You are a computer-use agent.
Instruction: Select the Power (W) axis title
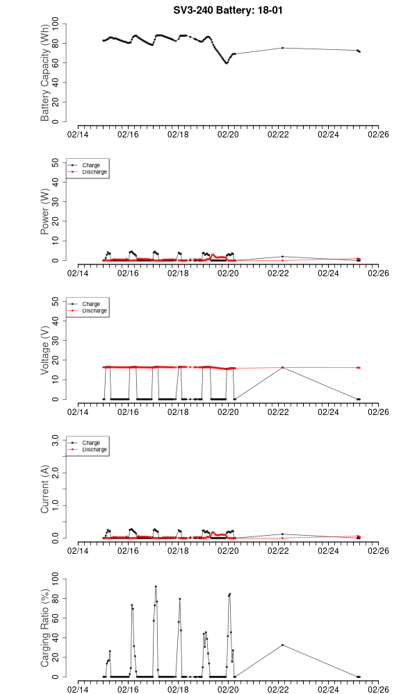[x=46, y=212]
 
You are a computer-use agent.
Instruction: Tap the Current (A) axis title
[x=46, y=489]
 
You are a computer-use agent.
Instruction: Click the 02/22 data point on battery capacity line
[x=282, y=48]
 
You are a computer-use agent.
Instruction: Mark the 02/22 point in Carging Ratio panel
[x=282, y=645]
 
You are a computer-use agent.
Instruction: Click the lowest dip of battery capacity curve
[x=227, y=63]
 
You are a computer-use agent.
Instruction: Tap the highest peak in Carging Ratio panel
[x=156, y=586]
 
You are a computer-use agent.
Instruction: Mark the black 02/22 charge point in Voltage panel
[x=282, y=367]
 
